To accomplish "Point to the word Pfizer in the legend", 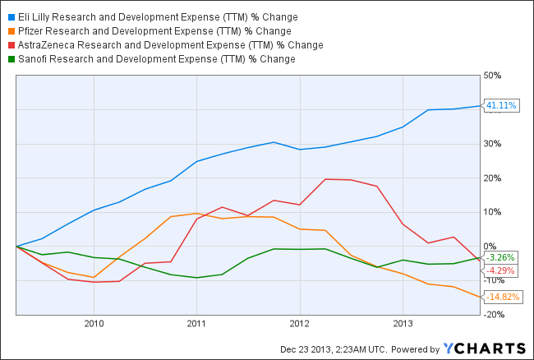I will point(33,31).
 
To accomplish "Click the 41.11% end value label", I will point(501,105).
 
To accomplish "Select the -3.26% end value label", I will point(501,257).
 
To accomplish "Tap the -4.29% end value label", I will point(501,270).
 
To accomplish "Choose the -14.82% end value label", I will point(503,297).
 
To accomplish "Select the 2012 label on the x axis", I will point(299,323).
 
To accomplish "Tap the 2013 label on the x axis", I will point(402,323).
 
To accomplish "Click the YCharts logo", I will point(484,348).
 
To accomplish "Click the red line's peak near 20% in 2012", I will point(326,178).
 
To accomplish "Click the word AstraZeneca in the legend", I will point(48,45).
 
